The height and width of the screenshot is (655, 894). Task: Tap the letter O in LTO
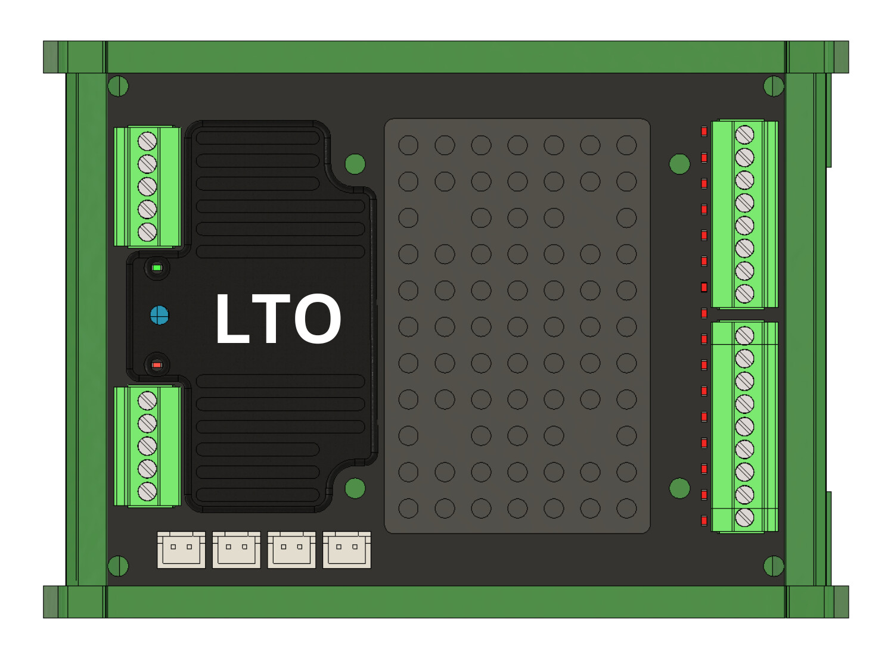(x=318, y=319)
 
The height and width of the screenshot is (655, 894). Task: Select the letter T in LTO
(x=271, y=319)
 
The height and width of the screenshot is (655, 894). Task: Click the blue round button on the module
(x=160, y=316)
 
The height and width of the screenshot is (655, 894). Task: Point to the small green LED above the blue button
(x=157, y=268)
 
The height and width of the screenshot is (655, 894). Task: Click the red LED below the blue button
(x=157, y=365)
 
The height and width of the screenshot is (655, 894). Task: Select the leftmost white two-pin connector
(x=181, y=550)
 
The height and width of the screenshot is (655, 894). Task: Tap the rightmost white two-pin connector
(x=347, y=550)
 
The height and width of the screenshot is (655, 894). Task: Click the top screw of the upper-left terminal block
(x=147, y=141)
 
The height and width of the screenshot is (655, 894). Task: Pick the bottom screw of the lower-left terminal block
(x=147, y=491)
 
